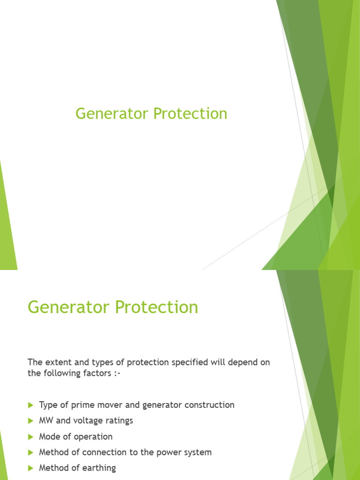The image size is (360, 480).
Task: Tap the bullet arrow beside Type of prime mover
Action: click(31, 405)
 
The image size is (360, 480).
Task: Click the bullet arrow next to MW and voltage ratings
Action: click(31, 421)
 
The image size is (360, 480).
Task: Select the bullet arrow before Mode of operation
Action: click(31, 437)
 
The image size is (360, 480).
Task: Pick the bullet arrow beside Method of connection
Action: click(31, 453)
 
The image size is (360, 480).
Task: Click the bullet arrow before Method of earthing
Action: click(31, 468)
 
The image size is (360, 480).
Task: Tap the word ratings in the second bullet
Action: click(120, 421)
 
